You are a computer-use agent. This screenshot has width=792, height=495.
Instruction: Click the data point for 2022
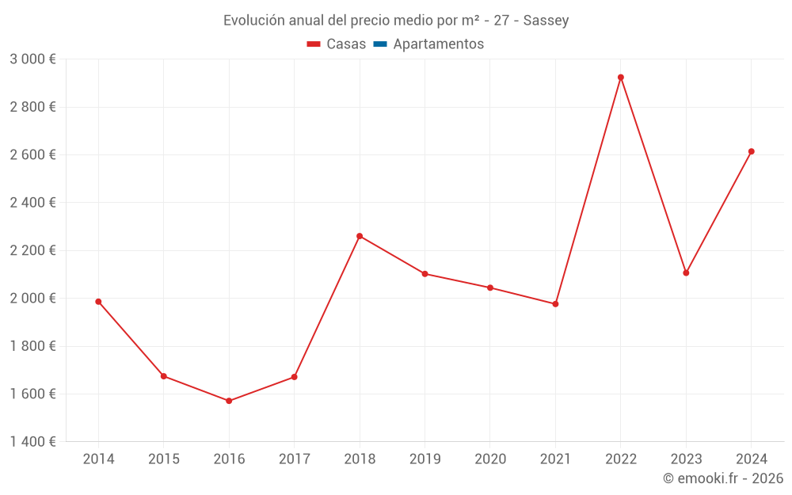coord(621,78)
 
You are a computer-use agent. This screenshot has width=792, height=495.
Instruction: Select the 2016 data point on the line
coord(229,401)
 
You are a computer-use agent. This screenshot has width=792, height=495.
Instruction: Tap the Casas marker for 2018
coord(360,236)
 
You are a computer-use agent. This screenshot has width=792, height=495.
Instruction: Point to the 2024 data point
coord(752,151)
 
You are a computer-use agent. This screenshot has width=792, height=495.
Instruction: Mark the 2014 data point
coord(98,302)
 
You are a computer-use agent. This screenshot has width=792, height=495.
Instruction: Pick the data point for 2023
coord(686,273)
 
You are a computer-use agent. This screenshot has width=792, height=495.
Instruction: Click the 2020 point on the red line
coord(490,287)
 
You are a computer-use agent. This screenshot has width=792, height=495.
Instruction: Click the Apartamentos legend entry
coord(438,44)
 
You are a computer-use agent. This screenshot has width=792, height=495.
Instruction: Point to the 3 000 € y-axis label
coord(32,59)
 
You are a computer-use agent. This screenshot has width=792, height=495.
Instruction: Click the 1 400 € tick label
coord(32,442)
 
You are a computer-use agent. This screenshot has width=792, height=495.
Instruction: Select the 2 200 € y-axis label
coord(32,250)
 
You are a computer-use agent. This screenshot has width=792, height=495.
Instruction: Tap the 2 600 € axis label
coord(32,154)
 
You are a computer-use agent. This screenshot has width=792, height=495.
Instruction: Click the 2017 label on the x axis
coord(294,459)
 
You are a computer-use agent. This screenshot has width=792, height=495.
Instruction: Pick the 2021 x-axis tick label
coord(555,459)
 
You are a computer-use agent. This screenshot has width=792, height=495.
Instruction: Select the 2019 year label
coord(425,459)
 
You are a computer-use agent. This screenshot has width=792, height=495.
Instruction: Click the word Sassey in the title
coord(546,21)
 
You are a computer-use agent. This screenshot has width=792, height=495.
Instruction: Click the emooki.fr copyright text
coord(723,478)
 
